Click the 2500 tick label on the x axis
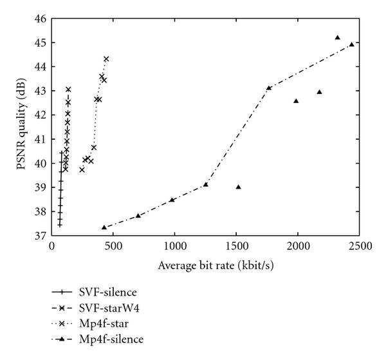[x=358, y=246]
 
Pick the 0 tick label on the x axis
[x=51, y=246]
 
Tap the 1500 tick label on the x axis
[x=235, y=246]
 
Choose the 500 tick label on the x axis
[x=113, y=246]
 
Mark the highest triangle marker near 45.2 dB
[x=338, y=37]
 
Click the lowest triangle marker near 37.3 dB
[x=104, y=227]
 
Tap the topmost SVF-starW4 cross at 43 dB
[x=68, y=90]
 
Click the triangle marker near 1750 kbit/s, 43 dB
[x=269, y=88]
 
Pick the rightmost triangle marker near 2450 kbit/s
[x=352, y=44]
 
